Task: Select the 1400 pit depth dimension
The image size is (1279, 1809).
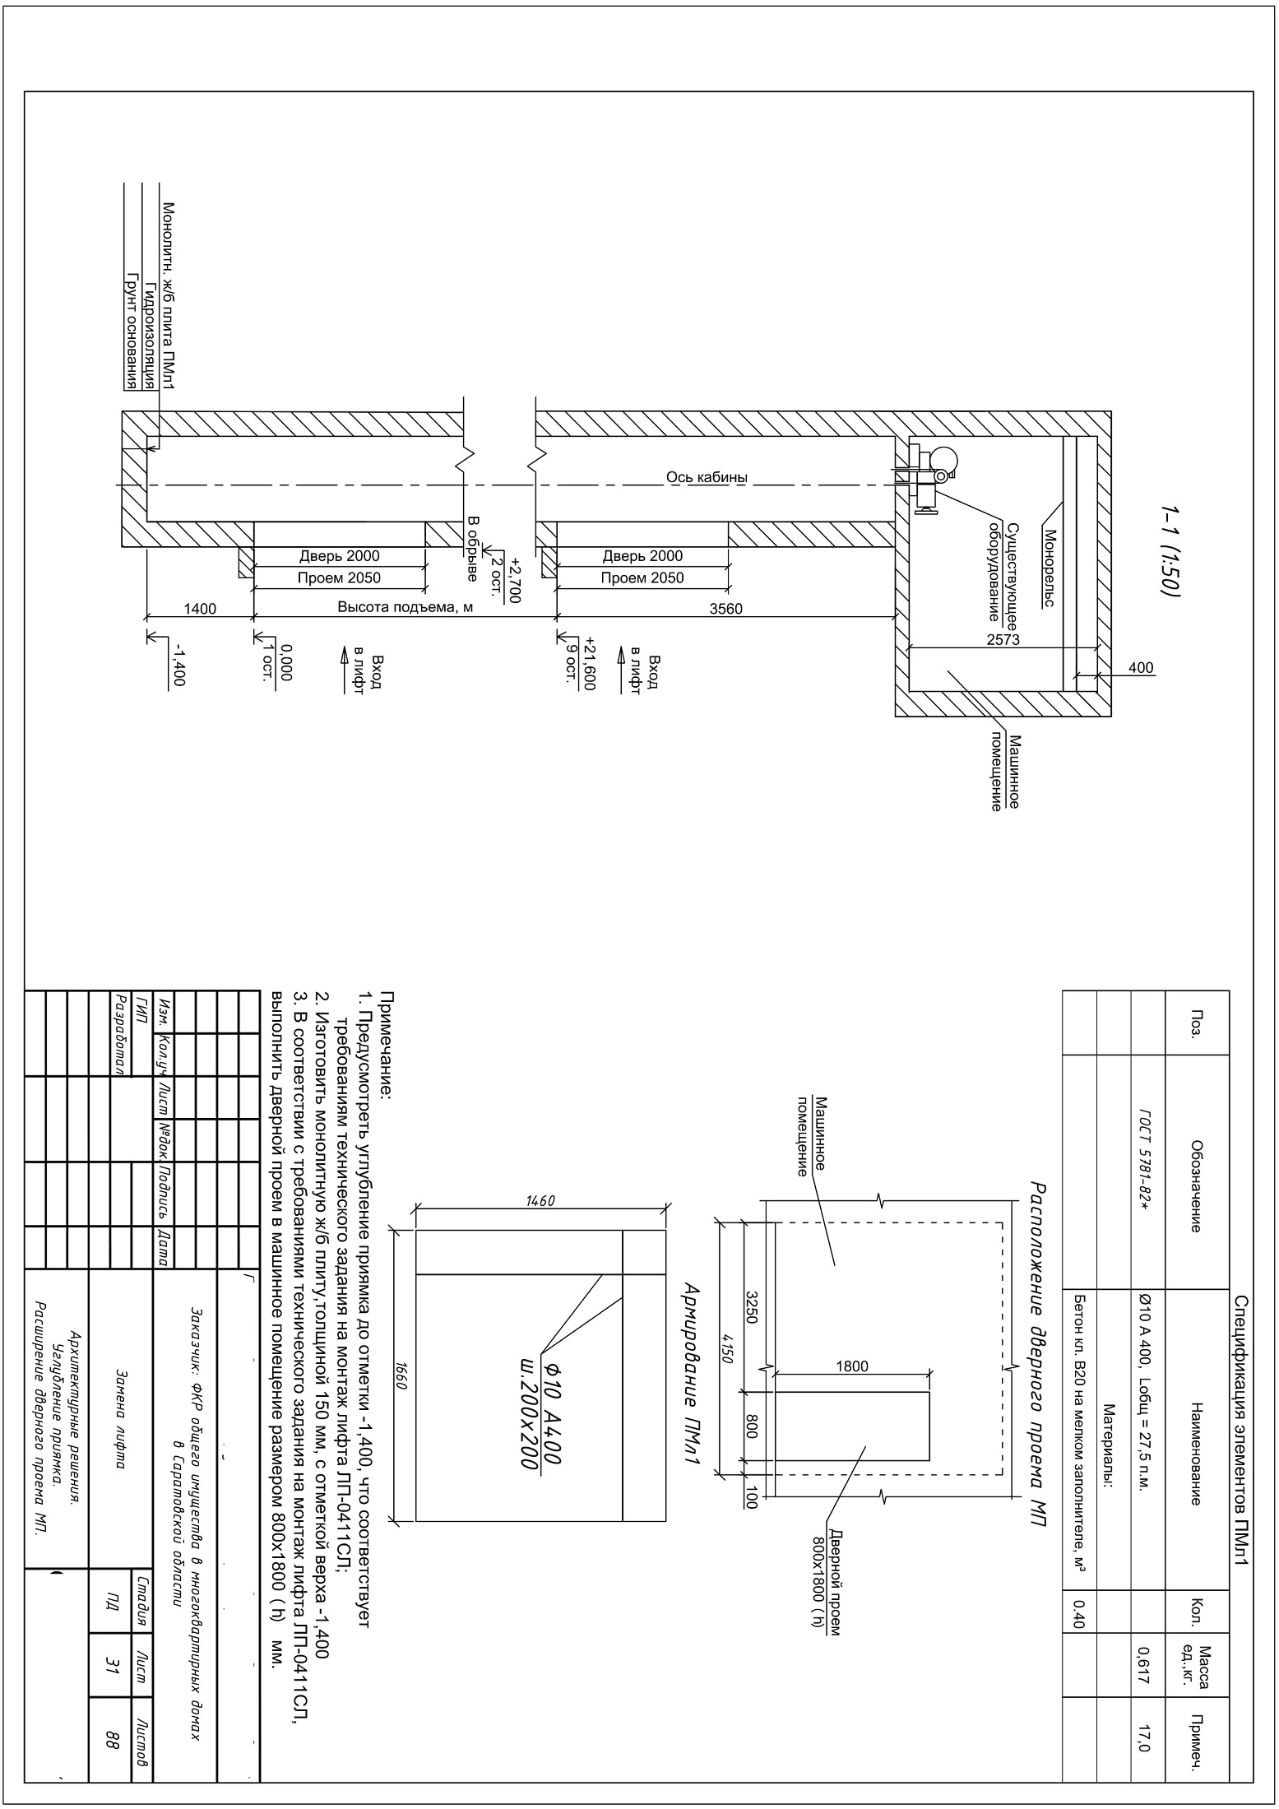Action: point(200,609)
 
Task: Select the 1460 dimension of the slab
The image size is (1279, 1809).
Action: point(540,1200)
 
